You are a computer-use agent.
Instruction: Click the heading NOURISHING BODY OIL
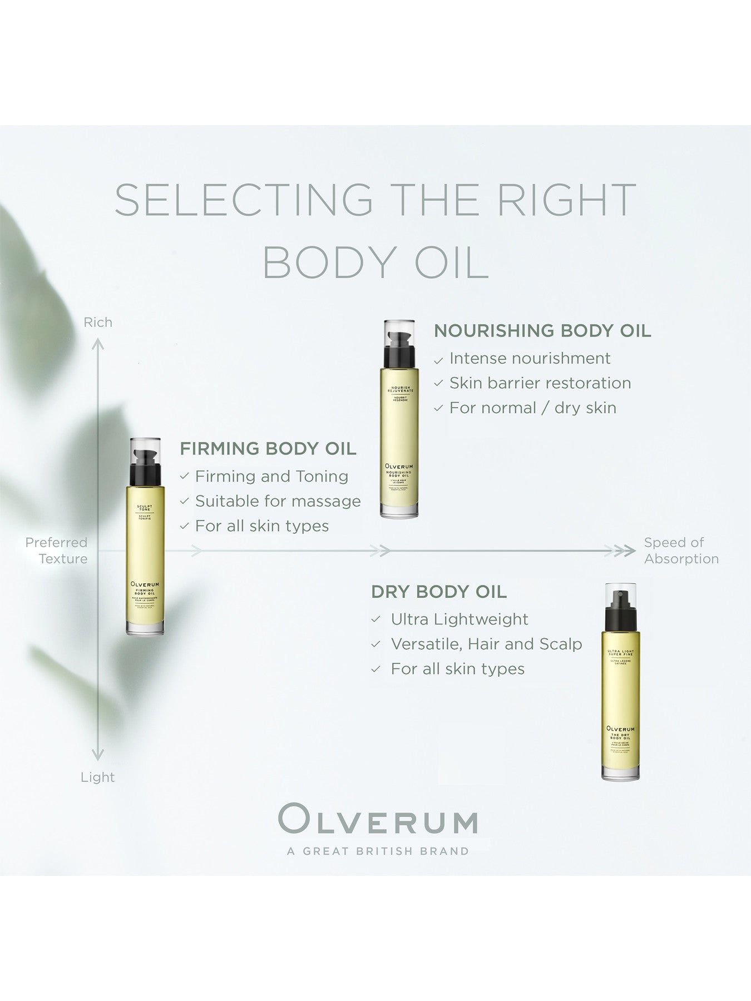[x=542, y=330]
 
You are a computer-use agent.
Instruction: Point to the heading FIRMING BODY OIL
[x=268, y=448]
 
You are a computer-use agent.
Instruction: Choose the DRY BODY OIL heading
[x=439, y=592]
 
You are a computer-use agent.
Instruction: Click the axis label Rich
[x=98, y=323]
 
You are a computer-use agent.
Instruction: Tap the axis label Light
[x=98, y=777]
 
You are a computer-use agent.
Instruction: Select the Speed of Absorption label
[x=681, y=551]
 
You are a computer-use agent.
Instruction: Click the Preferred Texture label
[x=57, y=551]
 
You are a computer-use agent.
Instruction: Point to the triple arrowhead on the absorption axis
[x=624, y=551]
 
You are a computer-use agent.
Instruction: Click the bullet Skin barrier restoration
[x=540, y=383]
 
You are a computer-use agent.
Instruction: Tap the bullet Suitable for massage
[x=278, y=501]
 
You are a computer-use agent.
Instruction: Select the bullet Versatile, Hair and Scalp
[x=486, y=644]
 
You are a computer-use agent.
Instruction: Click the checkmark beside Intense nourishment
[x=439, y=360]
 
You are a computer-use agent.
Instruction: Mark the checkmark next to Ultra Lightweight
[x=377, y=620]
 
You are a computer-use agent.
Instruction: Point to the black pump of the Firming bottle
[x=146, y=467]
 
